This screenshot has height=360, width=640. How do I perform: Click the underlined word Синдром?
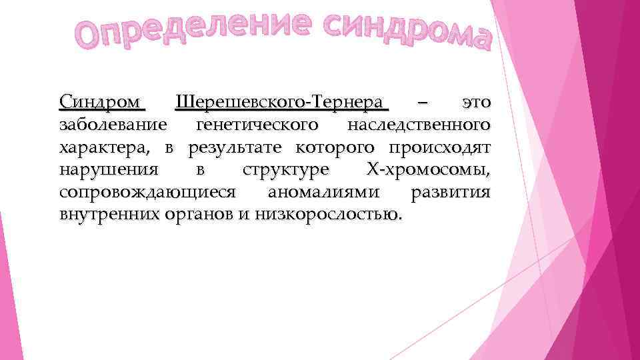(x=101, y=103)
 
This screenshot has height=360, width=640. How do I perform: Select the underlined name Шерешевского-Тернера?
(x=280, y=103)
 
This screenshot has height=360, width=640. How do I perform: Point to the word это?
(x=476, y=103)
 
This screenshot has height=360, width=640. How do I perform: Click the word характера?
(x=106, y=147)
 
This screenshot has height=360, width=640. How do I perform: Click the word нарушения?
(x=109, y=170)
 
